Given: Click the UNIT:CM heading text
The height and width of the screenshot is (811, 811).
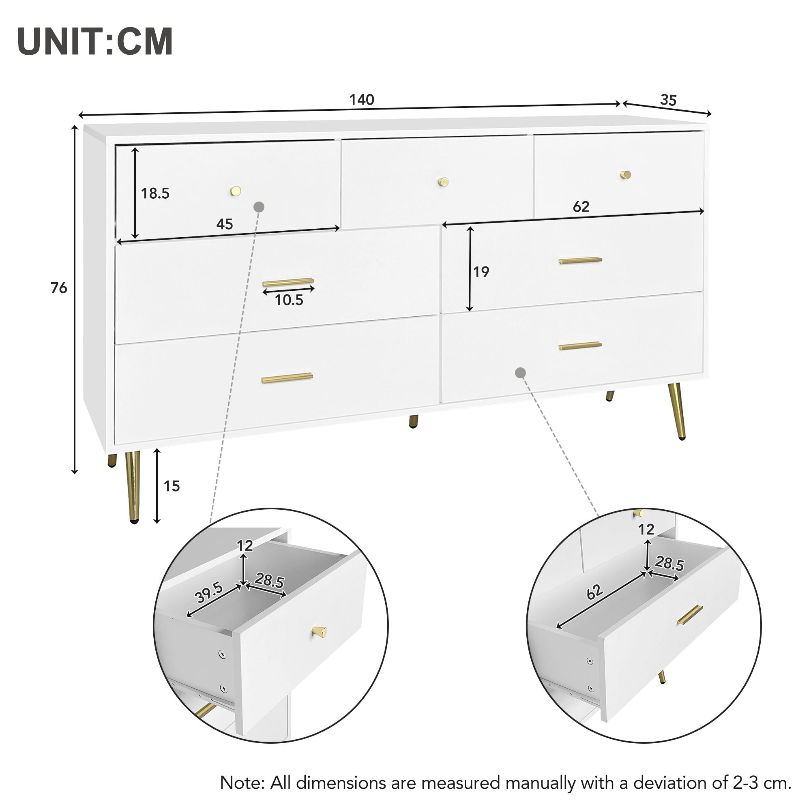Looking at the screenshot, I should click(x=95, y=41).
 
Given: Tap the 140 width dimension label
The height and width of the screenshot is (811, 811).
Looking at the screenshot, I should click(x=361, y=99).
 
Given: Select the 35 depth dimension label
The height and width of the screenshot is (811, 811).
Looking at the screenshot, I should click(x=668, y=100).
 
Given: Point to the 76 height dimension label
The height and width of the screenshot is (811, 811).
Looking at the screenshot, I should click(x=59, y=288).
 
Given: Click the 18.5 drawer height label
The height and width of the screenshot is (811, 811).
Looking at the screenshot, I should click(x=155, y=193).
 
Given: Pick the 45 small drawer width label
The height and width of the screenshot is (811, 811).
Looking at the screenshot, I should click(x=225, y=224).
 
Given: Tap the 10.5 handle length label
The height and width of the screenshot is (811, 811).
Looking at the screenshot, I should click(x=289, y=300).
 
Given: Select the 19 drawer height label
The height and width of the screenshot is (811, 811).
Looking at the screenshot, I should click(x=481, y=272).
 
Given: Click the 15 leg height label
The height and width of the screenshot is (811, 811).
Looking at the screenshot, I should click(x=171, y=486).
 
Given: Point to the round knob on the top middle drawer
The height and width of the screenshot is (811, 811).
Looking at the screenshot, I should click(x=443, y=182).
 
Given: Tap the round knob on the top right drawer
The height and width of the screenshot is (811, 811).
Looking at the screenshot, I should click(x=625, y=175).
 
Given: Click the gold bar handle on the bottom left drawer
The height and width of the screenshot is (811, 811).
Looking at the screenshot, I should click(x=287, y=378).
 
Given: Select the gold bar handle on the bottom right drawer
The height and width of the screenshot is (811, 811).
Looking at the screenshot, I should click(x=580, y=346).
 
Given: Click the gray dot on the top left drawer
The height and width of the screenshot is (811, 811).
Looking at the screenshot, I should click(x=259, y=206).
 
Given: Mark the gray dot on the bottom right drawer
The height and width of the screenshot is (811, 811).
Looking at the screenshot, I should click(x=521, y=372).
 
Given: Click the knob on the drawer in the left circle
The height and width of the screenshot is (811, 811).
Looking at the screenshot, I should click(x=319, y=632).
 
